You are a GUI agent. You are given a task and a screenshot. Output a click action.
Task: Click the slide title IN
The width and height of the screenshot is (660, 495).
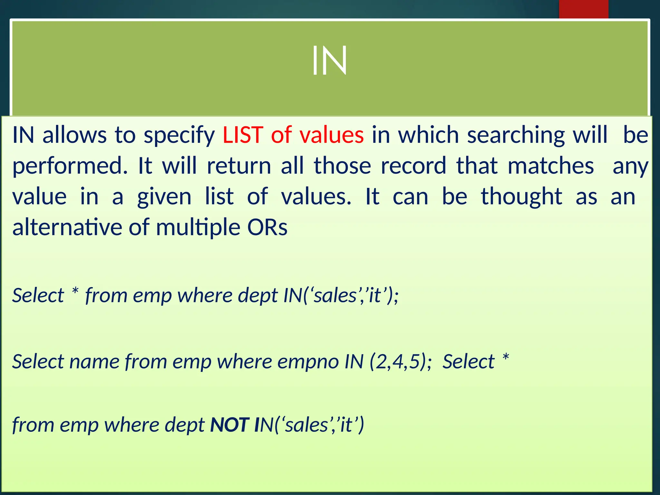tap(329, 61)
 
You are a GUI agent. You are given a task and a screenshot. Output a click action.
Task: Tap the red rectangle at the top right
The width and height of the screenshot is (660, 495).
tap(583, 9)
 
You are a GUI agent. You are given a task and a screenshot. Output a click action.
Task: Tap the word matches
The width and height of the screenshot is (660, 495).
tap(551, 166)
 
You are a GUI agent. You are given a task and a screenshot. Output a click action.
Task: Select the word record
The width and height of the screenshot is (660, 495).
tap(413, 166)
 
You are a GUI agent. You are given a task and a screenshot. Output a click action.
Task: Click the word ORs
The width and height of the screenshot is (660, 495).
tap(267, 227)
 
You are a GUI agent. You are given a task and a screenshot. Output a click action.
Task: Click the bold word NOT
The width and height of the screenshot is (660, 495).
tap(229, 425)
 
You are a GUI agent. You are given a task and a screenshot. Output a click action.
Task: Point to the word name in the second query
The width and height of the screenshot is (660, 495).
tap(94, 362)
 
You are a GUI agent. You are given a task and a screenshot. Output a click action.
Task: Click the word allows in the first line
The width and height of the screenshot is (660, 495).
tap(74, 135)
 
